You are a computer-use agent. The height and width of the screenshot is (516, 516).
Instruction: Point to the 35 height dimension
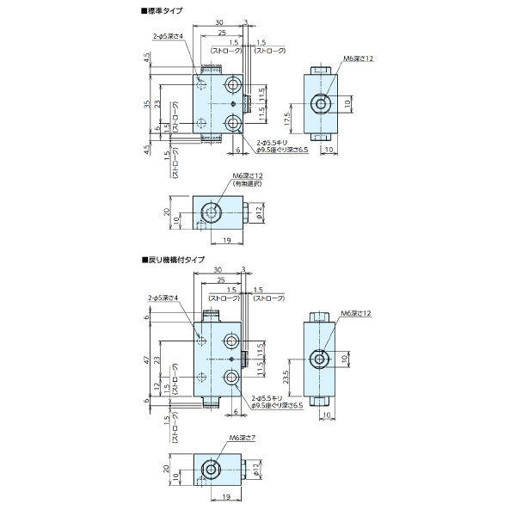click(x=147, y=104)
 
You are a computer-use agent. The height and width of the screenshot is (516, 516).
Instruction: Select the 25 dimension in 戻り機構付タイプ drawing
click(x=222, y=281)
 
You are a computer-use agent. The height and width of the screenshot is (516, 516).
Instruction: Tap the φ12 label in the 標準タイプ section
click(x=257, y=211)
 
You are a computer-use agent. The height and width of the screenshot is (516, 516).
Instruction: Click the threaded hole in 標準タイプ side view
click(x=321, y=104)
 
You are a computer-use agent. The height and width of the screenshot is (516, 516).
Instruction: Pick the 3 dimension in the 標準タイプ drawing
click(x=246, y=21)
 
